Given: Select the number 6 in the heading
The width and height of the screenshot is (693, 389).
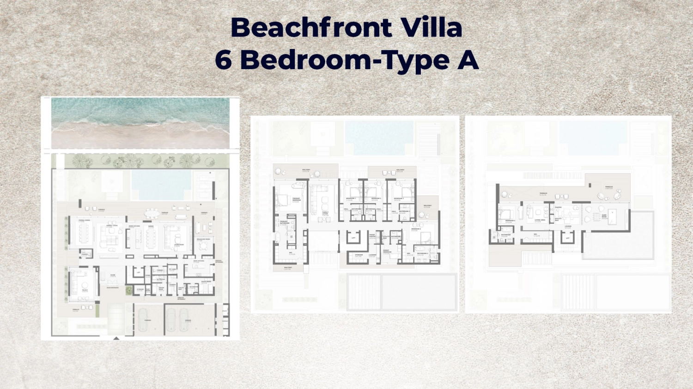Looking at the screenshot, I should [224, 60].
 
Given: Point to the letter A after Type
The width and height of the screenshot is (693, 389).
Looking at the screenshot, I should [468, 60].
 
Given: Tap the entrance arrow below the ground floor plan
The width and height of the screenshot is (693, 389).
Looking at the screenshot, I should [116, 338].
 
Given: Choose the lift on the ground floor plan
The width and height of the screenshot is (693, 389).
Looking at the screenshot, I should [139, 273].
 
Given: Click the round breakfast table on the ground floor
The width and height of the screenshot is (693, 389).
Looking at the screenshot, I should [203, 245].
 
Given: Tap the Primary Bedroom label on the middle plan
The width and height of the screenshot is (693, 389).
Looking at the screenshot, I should [296, 200].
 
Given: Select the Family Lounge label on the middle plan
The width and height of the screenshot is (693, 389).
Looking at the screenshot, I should [325, 213].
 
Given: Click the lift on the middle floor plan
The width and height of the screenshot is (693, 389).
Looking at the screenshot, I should [353, 238].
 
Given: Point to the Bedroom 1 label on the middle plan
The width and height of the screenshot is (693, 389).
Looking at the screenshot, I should [351, 199].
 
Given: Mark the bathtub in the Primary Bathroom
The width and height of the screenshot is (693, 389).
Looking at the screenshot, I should [278, 238].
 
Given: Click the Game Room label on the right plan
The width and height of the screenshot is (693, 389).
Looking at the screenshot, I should [604, 216].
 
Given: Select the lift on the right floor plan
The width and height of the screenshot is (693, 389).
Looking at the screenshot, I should [568, 238].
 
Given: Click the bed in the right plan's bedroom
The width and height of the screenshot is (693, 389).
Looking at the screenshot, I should [506, 214].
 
